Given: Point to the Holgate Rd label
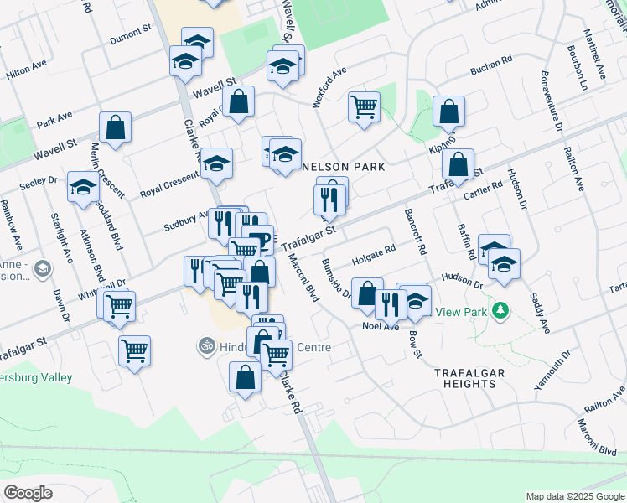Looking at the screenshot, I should click(x=372, y=251).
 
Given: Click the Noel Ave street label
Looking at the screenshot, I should click(x=381, y=325).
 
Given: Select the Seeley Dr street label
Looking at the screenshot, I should click(x=39, y=179).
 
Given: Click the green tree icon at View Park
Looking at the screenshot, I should click(x=500, y=311).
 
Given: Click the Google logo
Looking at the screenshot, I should click(x=28, y=493).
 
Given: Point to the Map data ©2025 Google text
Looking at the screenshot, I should click(x=575, y=496).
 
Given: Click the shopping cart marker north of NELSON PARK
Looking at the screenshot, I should click(x=364, y=106).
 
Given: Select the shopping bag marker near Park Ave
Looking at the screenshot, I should click(x=115, y=127).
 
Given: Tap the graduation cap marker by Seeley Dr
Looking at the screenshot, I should click(x=84, y=188).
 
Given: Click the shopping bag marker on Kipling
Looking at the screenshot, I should click(x=458, y=164).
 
